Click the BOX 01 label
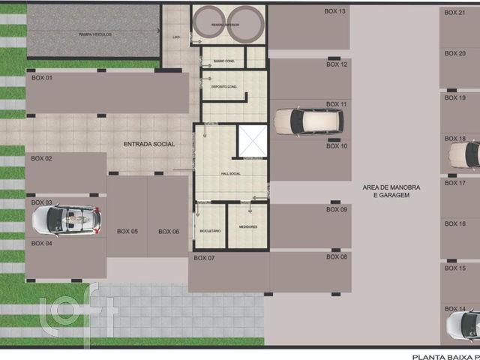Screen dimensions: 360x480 42,78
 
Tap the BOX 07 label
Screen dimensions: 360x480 204,258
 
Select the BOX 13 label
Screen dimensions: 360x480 335,11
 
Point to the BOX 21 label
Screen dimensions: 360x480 455,13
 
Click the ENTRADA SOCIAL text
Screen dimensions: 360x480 149,144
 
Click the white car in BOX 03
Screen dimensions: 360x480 67,220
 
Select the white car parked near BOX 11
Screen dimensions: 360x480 307,121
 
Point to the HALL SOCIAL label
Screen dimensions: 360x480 232,174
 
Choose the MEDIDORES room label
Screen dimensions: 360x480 248,226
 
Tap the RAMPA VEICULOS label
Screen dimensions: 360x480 94,35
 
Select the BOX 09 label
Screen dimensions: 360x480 337,209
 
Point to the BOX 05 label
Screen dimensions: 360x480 127,232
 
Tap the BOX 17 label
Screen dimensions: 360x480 455,183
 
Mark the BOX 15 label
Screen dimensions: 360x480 455,268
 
